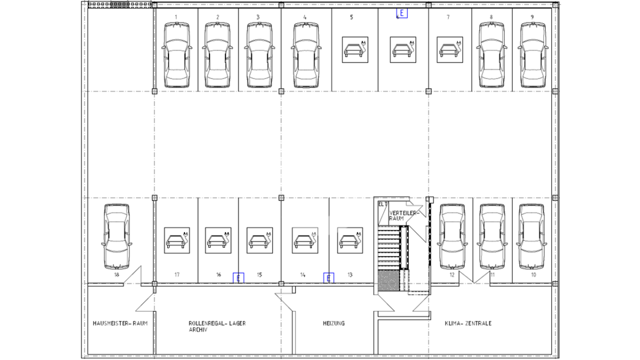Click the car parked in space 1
tap(177, 55)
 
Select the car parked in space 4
tap(306, 55)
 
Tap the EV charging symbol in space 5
tap(355, 50)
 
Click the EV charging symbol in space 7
tap(450, 50)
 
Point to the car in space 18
tap(117, 237)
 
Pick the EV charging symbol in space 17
tap(177, 241)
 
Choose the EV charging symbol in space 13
tap(350, 241)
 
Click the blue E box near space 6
tap(402, 13)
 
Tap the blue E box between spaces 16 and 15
tap(238, 278)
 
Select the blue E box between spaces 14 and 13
tap(329, 278)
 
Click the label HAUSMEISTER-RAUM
tap(121, 323)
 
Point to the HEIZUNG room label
tap(334, 323)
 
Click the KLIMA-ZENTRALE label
tap(468, 323)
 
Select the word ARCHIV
tap(198, 330)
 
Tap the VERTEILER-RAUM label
tap(404, 215)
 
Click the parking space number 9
tap(532, 17)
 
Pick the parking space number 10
tap(533, 275)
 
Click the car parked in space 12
tap(452, 237)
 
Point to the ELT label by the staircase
tap(383, 204)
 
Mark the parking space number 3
tap(258, 17)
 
